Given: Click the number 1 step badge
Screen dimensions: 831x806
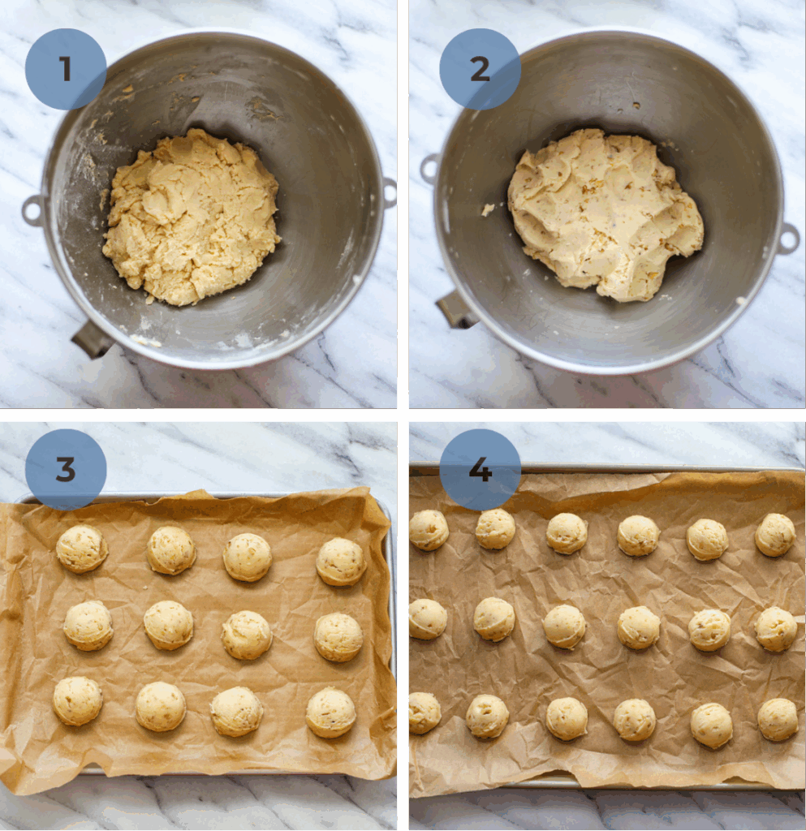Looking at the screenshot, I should point(66,69).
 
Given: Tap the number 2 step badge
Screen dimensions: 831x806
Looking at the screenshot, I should point(480,69).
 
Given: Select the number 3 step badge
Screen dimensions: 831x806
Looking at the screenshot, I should point(66,469).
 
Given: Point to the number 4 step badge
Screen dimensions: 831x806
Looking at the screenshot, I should point(480,469).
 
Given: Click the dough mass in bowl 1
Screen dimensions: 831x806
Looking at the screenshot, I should point(192,217).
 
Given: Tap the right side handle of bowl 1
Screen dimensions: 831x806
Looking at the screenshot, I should point(390,193).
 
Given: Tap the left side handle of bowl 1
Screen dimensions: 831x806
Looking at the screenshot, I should point(33,210).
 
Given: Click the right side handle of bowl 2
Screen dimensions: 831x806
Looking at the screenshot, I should point(787,239).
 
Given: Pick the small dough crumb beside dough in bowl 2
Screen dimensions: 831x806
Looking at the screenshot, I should point(488,209).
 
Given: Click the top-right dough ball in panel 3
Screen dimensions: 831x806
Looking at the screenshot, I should point(341,562).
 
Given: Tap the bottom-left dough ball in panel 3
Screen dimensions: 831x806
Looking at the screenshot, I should point(78,700).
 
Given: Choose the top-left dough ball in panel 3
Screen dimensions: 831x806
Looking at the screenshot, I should point(81,549).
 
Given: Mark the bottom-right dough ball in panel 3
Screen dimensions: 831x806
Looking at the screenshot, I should point(331,713).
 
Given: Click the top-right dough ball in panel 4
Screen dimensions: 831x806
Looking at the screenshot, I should point(775,535).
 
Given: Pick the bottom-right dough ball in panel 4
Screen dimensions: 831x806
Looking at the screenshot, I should point(778,719).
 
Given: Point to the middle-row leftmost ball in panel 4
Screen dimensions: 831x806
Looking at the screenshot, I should point(427,618).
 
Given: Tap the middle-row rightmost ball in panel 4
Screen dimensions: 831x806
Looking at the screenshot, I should point(775,629).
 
